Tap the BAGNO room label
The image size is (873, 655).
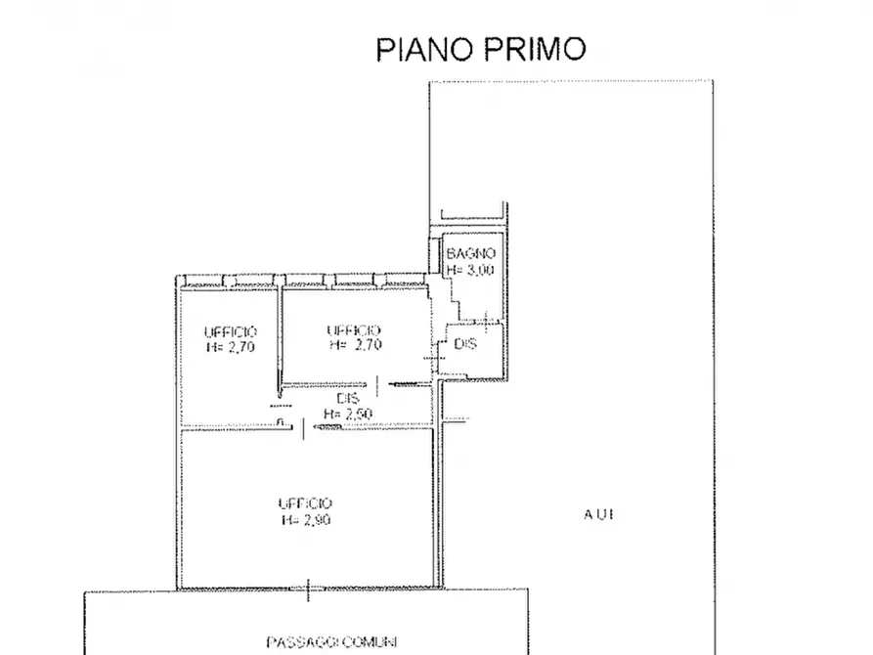pos(470,253)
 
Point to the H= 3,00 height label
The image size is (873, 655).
pos(470,270)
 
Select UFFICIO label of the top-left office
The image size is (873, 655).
pos(231,331)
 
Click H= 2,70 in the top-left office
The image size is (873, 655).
pos(231,346)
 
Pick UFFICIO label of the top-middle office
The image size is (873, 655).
pos(354,330)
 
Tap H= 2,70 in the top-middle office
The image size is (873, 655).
pos(354,345)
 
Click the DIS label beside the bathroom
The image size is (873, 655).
pos(465,344)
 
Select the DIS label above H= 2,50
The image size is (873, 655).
pos(347,399)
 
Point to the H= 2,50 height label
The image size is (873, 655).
pos(347,414)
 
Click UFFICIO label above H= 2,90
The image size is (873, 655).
pos(305,503)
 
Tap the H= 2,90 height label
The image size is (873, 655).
pos(305,520)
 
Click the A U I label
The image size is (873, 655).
pos(598,514)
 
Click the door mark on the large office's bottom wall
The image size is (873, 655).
pos(309,589)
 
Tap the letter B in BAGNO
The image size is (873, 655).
pos(451,253)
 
